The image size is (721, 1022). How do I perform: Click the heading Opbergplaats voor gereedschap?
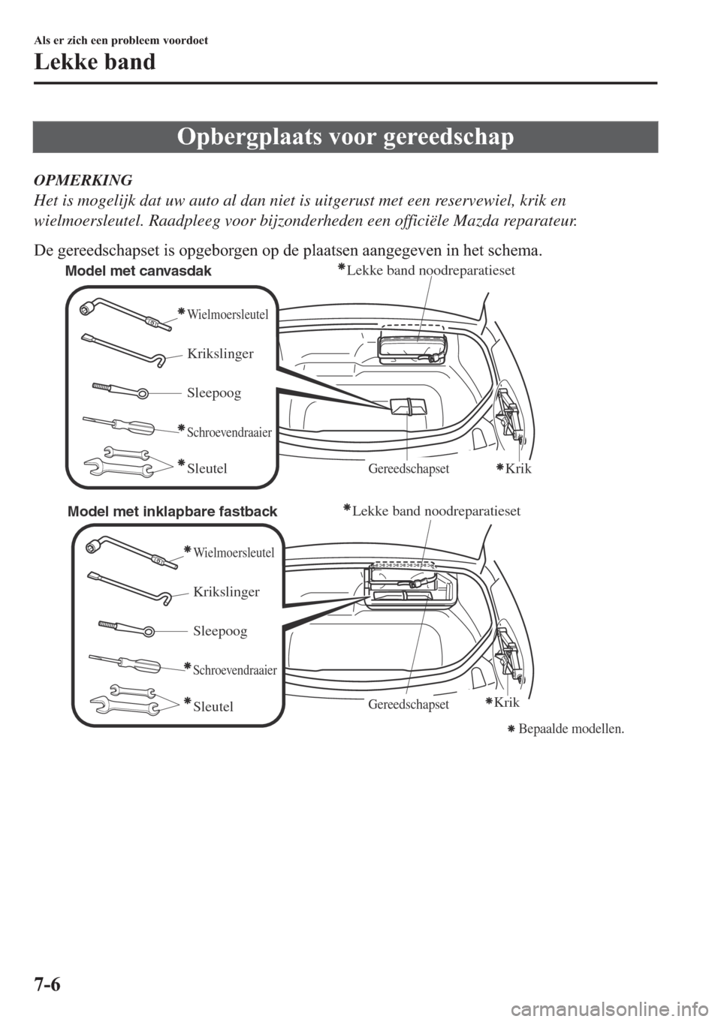point(345,138)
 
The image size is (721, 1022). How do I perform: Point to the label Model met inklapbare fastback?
point(173,512)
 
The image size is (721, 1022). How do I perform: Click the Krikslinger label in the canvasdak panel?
point(220,353)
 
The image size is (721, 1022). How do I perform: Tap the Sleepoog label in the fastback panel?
point(219,631)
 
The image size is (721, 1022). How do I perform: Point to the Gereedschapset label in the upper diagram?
point(409,469)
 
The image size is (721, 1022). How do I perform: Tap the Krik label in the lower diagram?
point(506,702)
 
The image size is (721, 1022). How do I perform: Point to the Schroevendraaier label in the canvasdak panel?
point(228,432)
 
